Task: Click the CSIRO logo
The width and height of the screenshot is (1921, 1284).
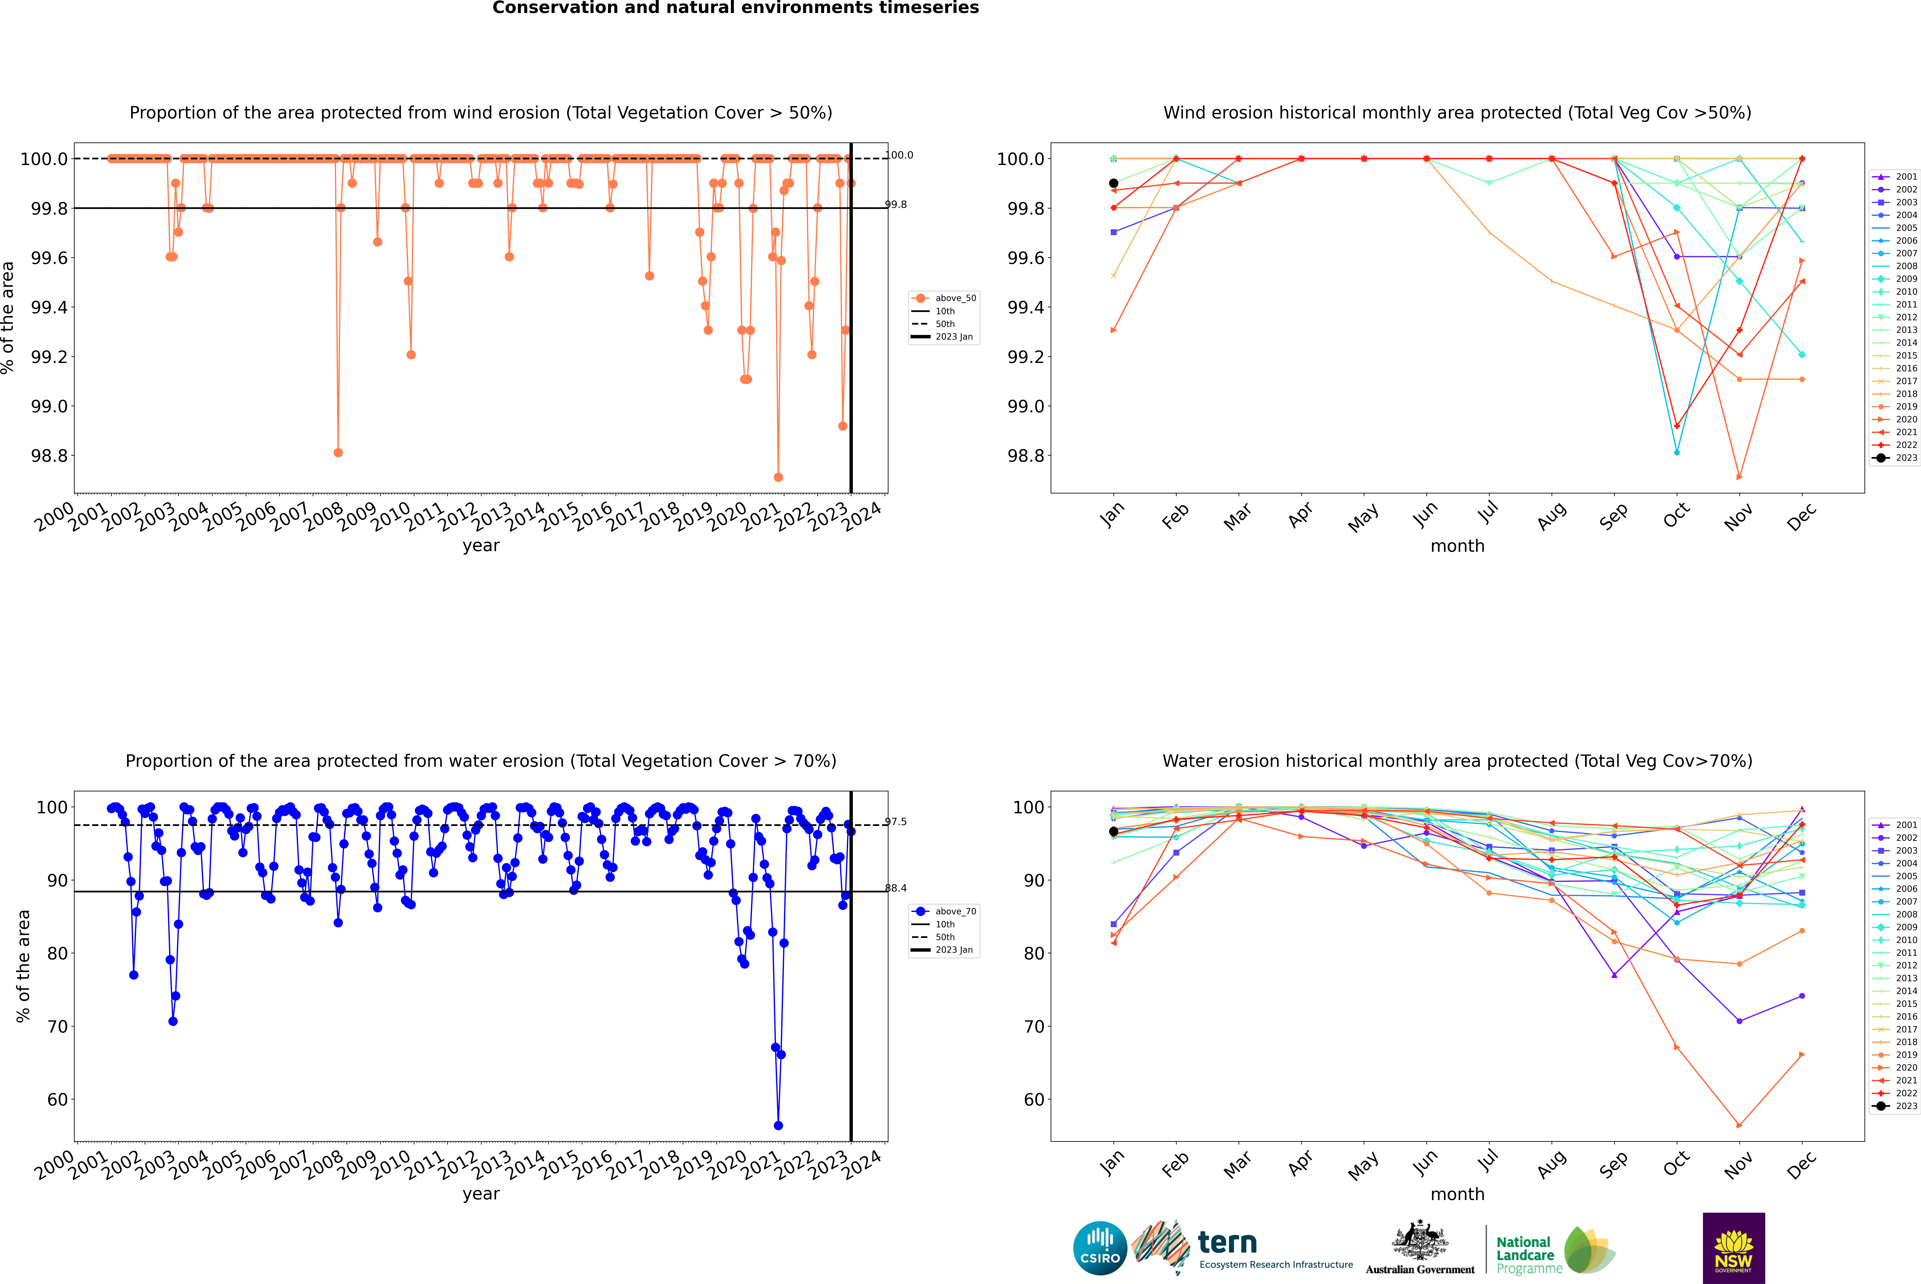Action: pyautogui.click(x=1100, y=1248)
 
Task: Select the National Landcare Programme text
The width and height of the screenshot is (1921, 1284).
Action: pyautogui.click(x=1525, y=1255)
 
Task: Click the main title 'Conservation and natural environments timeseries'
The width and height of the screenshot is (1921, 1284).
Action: pyautogui.click(x=735, y=8)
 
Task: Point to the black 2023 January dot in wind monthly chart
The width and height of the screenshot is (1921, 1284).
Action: pyautogui.click(x=1113, y=184)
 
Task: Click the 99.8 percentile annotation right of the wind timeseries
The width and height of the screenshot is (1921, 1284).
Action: pyautogui.click(x=896, y=205)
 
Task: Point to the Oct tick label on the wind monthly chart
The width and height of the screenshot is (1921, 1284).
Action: pyautogui.click(x=1675, y=515)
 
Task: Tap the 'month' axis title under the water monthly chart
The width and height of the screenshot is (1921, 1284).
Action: pyautogui.click(x=1457, y=1194)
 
